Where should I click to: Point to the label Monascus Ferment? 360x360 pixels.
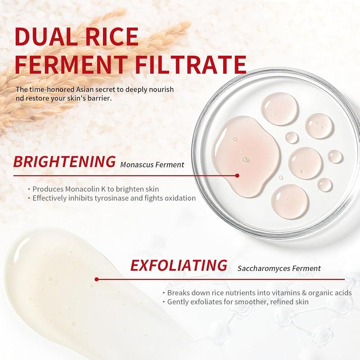point(152,165)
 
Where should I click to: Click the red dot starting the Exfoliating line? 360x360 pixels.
point(97,279)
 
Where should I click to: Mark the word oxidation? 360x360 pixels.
point(180,198)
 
